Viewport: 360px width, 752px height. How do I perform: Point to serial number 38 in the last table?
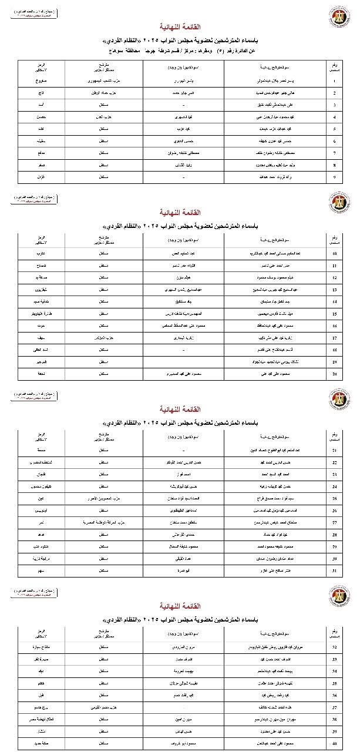tap(334, 718)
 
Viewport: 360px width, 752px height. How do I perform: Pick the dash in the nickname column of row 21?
tap(184, 449)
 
